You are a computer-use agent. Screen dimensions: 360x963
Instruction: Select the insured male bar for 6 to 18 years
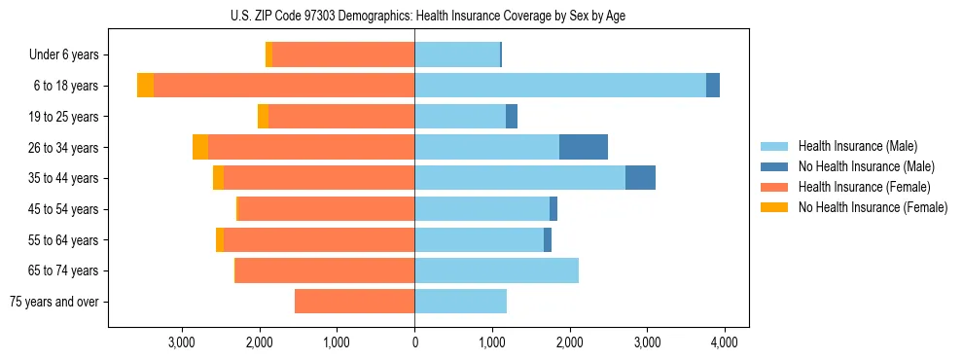(560, 86)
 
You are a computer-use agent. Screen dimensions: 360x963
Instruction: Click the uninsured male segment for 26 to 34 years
(584, 147)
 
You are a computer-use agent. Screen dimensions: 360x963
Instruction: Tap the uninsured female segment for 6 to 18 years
(145, 86)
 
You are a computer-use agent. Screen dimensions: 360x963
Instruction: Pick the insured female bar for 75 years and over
(354, 302)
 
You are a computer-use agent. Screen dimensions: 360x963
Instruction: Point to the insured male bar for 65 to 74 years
(496, 270)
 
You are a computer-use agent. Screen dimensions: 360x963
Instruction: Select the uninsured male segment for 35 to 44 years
(640, 178)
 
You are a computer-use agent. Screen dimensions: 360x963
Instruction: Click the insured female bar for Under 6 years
(343, 54)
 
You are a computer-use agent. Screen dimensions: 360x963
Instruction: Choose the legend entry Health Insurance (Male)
(852, 146)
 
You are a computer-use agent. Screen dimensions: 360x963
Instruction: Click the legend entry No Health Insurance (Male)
(859, 166)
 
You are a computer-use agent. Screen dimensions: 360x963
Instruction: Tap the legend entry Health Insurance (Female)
(857, 187)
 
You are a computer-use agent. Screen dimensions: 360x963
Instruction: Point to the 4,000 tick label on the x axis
(724, 342)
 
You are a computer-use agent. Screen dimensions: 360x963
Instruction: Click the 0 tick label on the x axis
(414, 342)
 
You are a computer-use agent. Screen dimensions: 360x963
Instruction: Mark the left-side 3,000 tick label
(182, 342)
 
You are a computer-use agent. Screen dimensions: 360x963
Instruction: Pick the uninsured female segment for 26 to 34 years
(200, 147)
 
